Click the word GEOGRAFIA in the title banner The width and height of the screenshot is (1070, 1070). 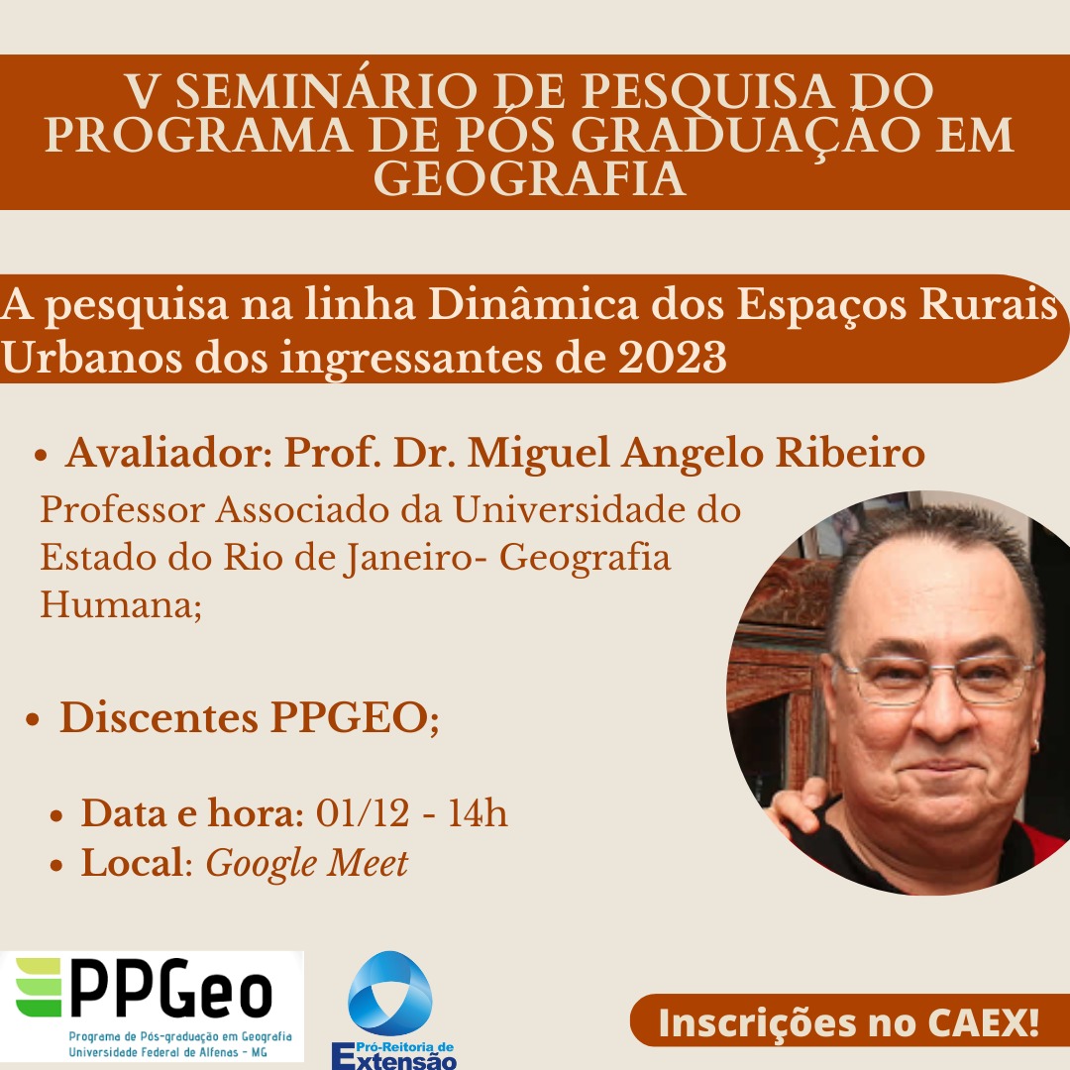coord(529,178)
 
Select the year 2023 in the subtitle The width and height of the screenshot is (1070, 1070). coord(672,358)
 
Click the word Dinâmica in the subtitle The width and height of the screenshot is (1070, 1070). coord(534,304)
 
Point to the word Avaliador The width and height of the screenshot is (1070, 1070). coord(168,453)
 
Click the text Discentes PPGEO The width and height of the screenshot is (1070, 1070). coord(249,718)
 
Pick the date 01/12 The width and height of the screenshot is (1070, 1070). coord(363,812)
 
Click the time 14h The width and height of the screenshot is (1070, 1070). coord(478,812)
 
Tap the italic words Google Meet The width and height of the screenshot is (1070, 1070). coord(307,863)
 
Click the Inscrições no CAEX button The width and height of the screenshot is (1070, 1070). coord(849,1022)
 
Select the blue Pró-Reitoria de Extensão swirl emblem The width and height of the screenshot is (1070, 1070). coord(389,993)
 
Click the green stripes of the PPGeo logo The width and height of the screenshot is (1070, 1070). coord(39,988)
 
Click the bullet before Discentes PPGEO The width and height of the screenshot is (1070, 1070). coord(32,720)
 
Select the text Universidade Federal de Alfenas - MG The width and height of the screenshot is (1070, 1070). coord(167,1052)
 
